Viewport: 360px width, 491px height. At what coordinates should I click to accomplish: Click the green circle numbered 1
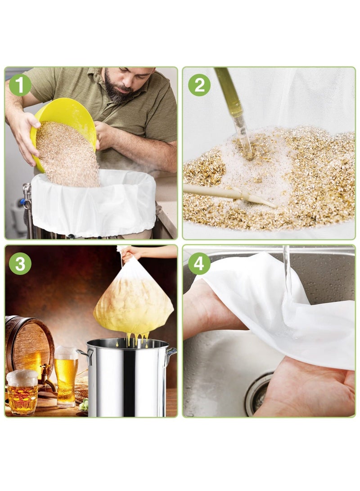pos(20,85)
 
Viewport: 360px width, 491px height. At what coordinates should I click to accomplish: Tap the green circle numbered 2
pos(199,85)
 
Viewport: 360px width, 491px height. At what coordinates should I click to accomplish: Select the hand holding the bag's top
pos(130,253)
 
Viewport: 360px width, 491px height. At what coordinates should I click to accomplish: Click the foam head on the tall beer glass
pos(66,352)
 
